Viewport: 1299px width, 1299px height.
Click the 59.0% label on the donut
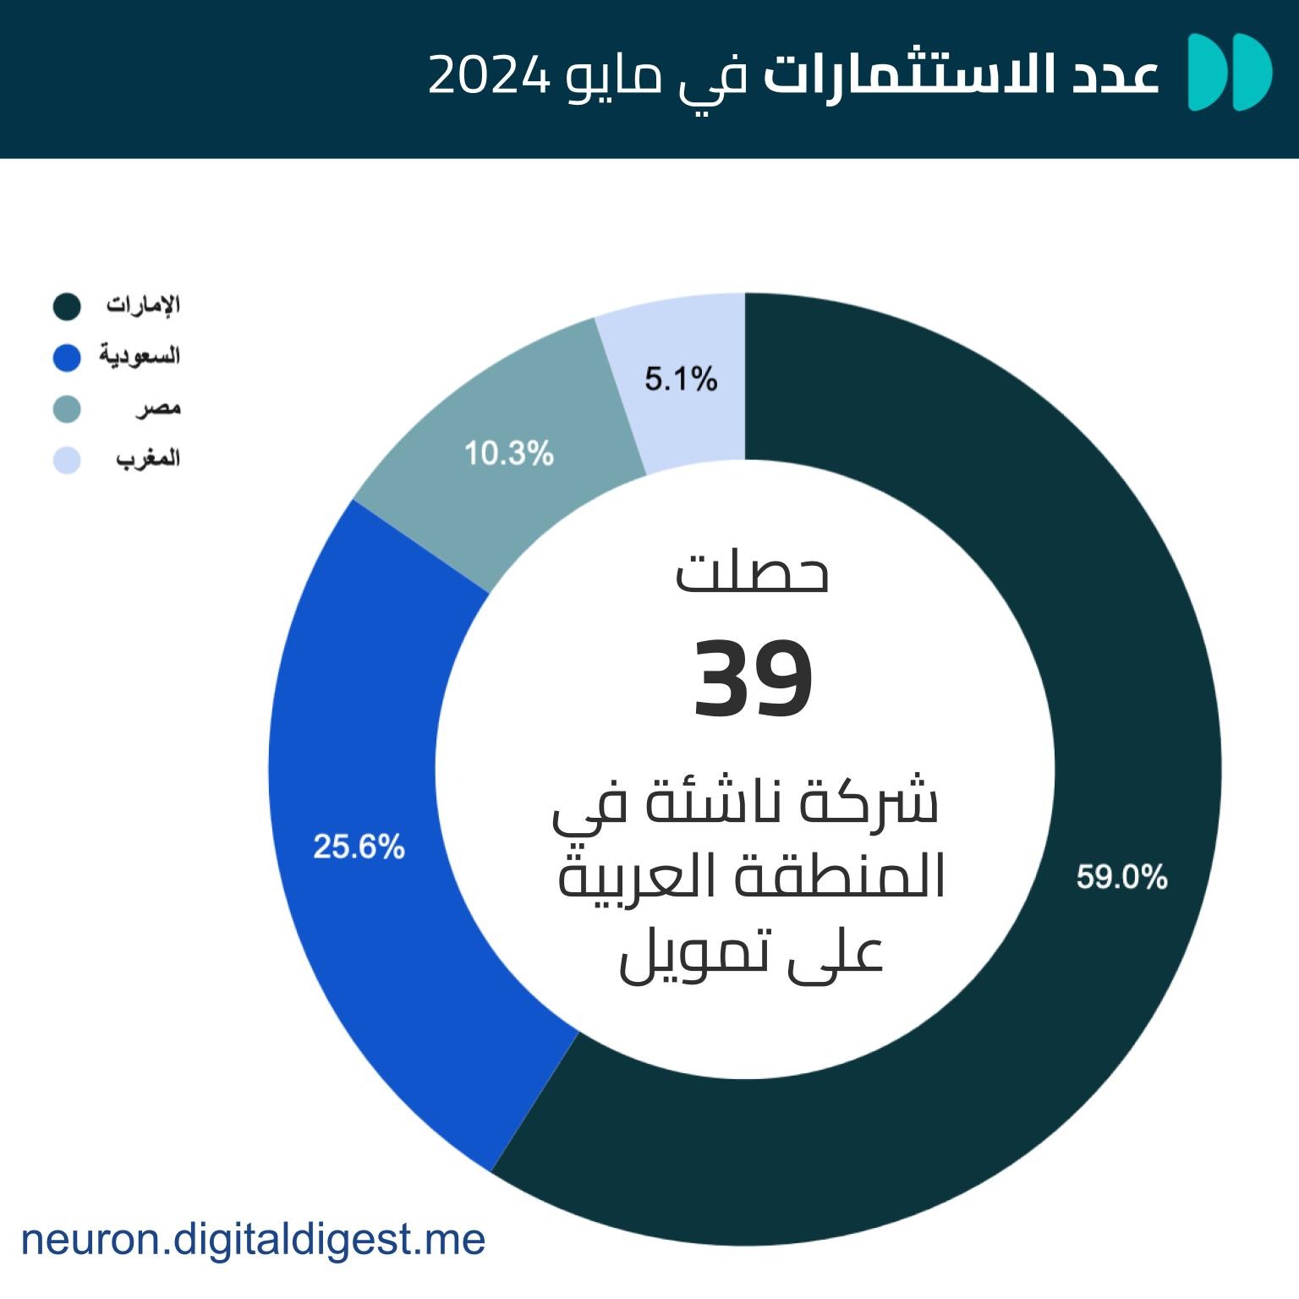(1121, 877)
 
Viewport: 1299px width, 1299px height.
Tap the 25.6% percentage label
(359, 847)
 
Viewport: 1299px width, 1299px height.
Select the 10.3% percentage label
(508, 454)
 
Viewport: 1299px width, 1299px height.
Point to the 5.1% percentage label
(681, 379)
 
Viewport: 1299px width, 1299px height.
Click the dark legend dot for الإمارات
(67, 307)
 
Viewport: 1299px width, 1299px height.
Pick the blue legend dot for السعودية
(67, 358)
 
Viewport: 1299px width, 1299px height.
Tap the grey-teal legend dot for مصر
(67, 409)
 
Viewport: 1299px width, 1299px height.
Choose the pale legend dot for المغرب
(67, 460)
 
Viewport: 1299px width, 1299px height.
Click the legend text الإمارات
(143, 304)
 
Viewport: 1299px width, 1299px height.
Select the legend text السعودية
(140, 356)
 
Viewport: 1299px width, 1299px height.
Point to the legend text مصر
(158, 408)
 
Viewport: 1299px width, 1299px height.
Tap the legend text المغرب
(148, 459)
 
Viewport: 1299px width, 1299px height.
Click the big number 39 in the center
(753, 679)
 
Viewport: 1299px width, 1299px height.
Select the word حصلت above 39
(752, 573)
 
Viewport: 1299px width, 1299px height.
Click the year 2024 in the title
(490, 75)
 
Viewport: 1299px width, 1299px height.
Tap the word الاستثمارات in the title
(904, 75)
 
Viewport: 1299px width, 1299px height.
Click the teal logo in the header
(1230, 73)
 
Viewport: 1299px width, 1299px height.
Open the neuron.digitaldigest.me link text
(253, 1240)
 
